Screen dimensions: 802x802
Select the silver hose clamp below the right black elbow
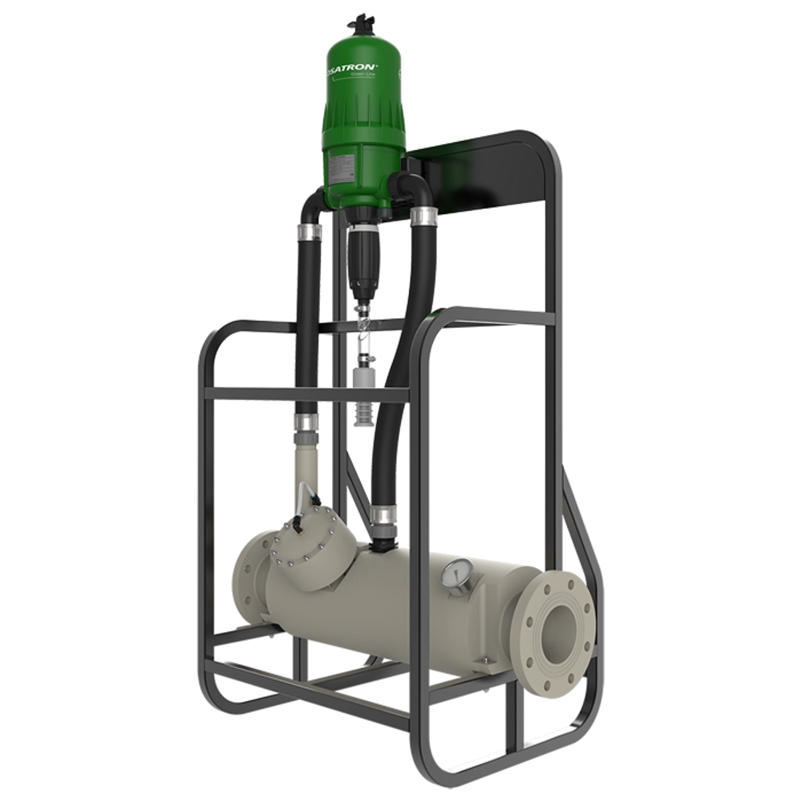click(423, 214)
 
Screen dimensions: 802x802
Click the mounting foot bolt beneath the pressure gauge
click(484, 662)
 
